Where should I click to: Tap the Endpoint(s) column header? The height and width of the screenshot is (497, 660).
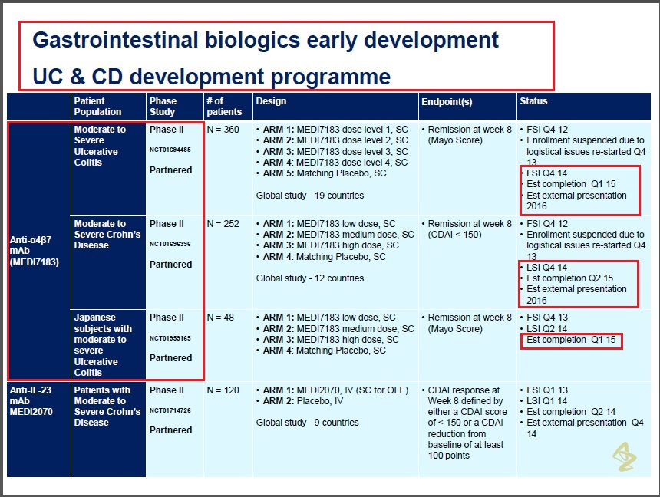pyautogui.click(x=447, y=102)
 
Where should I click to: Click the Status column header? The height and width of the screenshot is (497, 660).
pyautogui.click(x=533, y=101)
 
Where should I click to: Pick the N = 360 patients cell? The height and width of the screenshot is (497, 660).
pyautogui.click(x=223, y=130)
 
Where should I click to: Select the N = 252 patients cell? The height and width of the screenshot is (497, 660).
pyautogui.click(x=223, y=224)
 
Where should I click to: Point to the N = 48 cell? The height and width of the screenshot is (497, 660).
pyautogui.click(x=220, y=318)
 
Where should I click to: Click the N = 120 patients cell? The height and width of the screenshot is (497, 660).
pyautogui.click(x=223, y=390)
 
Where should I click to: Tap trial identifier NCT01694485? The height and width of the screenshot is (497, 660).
pyautogui.click(x=170, y=150)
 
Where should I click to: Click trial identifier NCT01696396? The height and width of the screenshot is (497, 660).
pyautogui.click(x=170, y=244)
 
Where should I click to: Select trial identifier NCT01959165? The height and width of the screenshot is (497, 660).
pyautogui.click(x=170, y=338)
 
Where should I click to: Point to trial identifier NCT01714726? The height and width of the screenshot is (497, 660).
pyautogui.click(x=170, y=410)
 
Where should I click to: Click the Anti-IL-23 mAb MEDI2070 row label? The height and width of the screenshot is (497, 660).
pyautogui.click(x=31, y=400)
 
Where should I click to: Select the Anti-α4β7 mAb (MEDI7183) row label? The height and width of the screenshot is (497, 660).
pyautogui.click(x=34, y=251)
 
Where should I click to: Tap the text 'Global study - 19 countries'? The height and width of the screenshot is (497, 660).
pyautogui.click(x=310, y=196)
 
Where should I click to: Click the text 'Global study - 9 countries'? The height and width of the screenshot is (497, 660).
pyautogui.click(x=307, y=423)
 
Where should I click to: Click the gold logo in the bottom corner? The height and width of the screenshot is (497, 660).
pyautogui.click(x=624, y=456)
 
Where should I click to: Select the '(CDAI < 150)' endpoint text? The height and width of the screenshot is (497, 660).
pyautogui.click(x=454, y=235)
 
